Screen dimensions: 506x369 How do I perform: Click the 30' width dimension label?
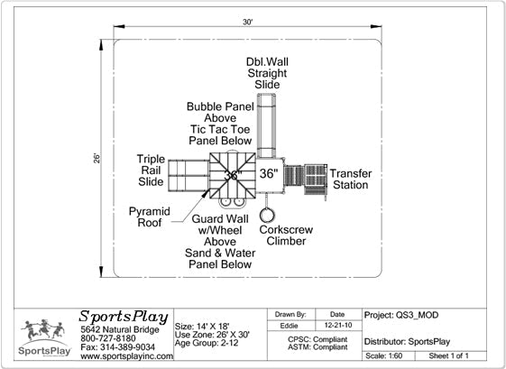[x=247, y=22]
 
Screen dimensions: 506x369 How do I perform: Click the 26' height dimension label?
[x=97, y=158]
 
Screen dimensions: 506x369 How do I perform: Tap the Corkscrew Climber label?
[x=286, y=235]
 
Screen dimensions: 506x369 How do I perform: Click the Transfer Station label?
[x=351, y=180]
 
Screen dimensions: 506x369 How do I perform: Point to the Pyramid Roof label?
[x=150, y=217]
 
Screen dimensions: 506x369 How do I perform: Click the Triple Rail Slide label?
[x=151, y=171]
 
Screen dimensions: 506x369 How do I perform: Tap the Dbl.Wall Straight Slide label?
[x=267, y=73]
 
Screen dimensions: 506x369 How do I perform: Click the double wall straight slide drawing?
[x=267, y=125]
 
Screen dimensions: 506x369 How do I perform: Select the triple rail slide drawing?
[x=189, y=176]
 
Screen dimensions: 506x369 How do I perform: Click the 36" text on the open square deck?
[x=269, y=174]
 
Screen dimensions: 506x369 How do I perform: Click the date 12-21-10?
[x=338, y=325]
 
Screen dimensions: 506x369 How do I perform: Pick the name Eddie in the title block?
[x=289, y=326]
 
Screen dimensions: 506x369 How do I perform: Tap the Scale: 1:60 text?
[x=383, y=355]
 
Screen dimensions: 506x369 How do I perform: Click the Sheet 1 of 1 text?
[x=448, y=355]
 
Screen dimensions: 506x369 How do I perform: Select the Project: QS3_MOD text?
[x=401, y=315]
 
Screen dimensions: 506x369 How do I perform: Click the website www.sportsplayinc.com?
[x=127, y=356]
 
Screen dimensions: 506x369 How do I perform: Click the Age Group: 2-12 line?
[x=207, y=343]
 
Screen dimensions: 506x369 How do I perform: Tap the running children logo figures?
[x=43, y=329]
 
